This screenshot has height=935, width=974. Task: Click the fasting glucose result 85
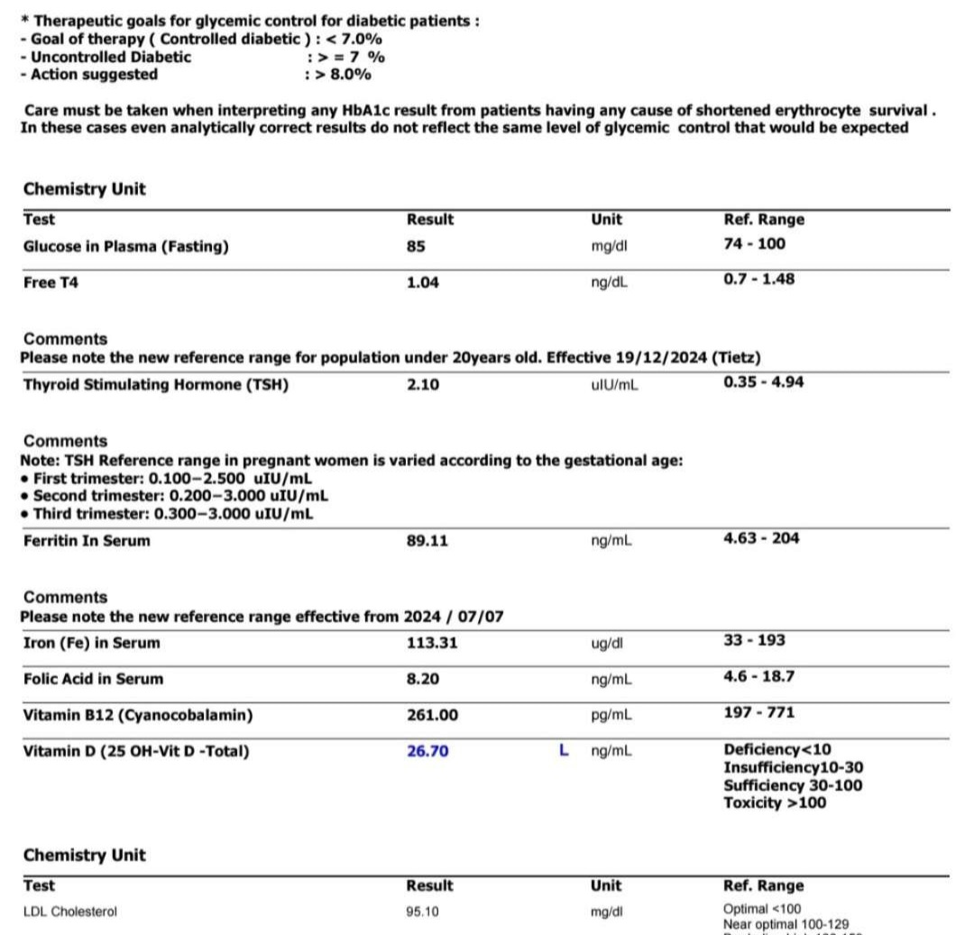coord(416,246)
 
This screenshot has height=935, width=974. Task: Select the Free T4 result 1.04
coord(423,282)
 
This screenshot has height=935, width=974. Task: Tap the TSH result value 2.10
coord(423,385)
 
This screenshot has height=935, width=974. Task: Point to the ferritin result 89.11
coord(427,541)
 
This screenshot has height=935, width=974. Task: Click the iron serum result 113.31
coord(432,643)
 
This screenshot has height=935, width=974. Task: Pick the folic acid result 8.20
coord(423,679)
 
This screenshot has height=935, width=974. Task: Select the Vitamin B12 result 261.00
coord(432,715)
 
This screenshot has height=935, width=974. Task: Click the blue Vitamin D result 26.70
coord(427,751)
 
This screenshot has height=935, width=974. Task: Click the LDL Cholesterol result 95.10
coord(423,912)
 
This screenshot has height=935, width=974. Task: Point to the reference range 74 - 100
coord(754,243)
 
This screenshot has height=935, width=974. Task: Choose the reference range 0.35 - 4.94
coord(763,381)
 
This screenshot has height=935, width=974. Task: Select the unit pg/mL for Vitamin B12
coord(611,715)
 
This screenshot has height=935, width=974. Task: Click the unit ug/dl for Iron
coord(607,643)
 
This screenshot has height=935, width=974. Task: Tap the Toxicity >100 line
coord(774,802)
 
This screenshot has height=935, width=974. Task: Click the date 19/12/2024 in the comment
coord(660,358)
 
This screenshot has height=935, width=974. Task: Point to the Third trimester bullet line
coord(171,514)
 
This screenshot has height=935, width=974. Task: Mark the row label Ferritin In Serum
coord(87,541)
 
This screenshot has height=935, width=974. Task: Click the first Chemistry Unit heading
coord(85,189)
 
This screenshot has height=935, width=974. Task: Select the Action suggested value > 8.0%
coord(343,75)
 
